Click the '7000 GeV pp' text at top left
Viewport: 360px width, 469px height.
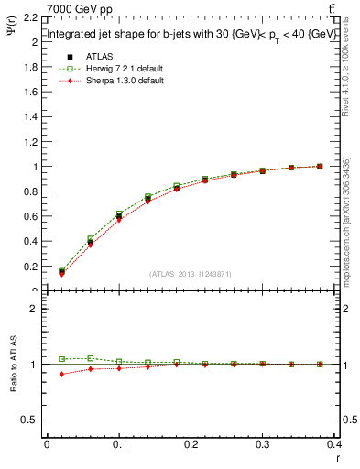point(77,8)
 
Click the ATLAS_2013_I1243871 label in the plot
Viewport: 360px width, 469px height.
point(191,274)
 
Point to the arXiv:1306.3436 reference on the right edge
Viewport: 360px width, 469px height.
point(345,193)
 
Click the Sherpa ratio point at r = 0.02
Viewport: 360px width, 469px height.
point(61,374)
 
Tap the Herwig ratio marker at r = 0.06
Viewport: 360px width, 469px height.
point(90,358)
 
